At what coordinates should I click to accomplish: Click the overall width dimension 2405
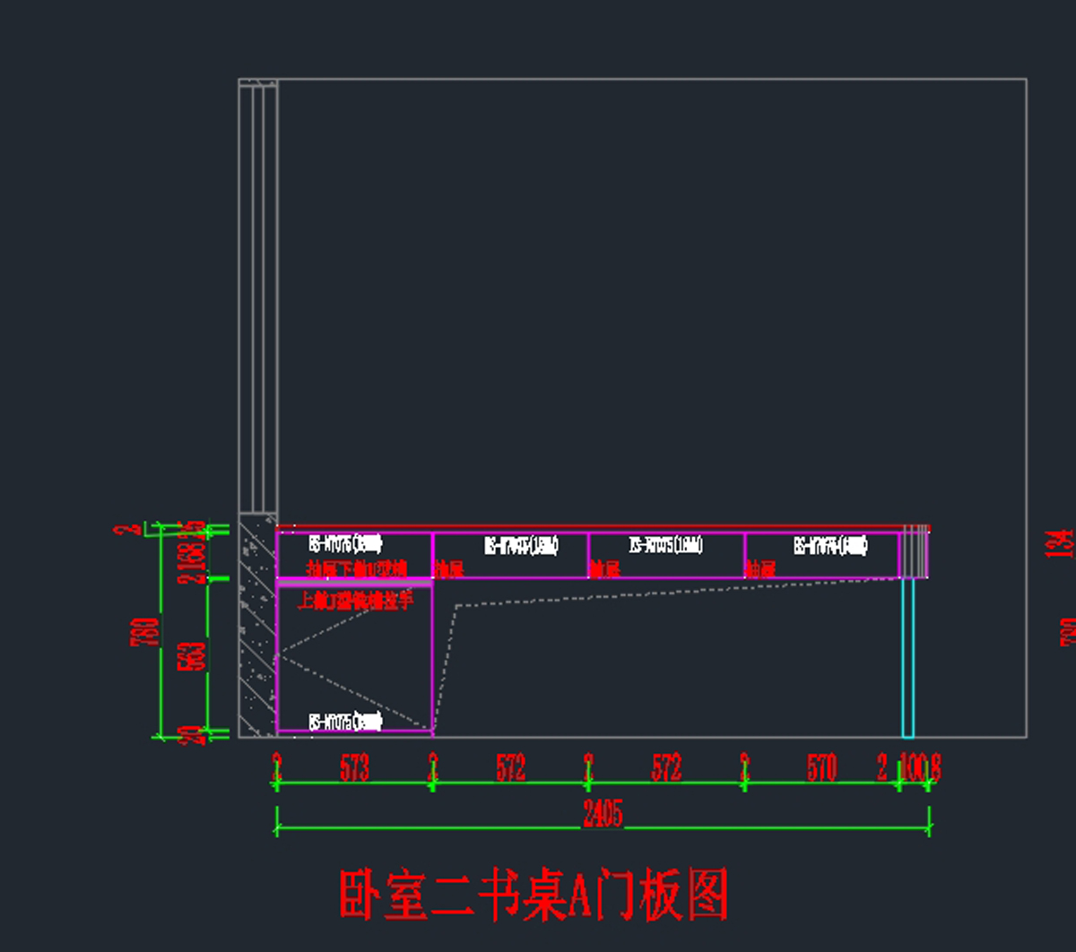coord(602,814)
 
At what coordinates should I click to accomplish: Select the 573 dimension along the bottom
coord(354,767)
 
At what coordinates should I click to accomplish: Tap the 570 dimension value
coord(821,767)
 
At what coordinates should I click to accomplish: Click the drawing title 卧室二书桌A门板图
coord(534,895)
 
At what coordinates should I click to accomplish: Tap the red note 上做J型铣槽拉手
coord(356,601)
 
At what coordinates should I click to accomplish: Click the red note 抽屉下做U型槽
coord(356,569)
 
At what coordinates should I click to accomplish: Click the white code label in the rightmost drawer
coord(829,545)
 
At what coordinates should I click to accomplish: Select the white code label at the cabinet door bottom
coord(345,722)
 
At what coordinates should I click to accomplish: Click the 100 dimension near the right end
coord(912,767)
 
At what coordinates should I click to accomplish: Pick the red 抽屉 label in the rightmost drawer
coord(760,569)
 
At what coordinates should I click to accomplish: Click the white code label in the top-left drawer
coord(345,544)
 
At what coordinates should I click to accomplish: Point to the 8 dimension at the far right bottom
coord(935,767)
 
